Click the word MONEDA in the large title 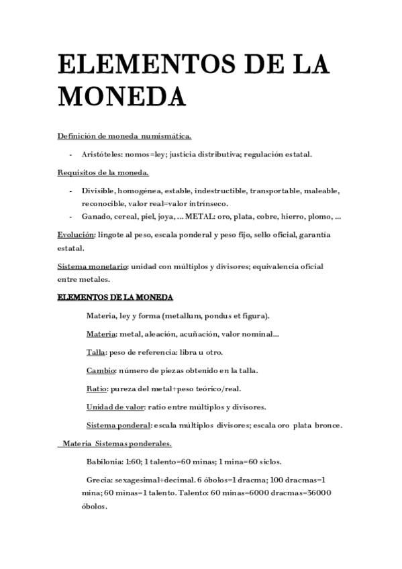[x=121, y=96]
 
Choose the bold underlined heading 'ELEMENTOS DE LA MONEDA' [x=115, y=297]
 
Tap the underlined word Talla [x=97, y=352]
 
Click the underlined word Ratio [x=97, y=388]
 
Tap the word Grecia [x=101, y=480]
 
